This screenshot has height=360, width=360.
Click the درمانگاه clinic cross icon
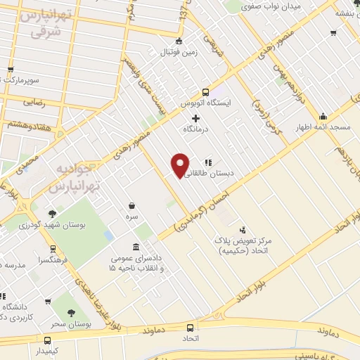[195, 118]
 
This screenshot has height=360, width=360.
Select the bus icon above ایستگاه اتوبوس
[205, 92]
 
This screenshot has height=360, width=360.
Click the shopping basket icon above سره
[132, 206]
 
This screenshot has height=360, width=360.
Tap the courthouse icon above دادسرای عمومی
[136, 247]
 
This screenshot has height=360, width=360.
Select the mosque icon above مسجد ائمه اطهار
[323, 116]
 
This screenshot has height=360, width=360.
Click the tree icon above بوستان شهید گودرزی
[53, 214]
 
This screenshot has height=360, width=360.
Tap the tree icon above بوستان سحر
[69, 314]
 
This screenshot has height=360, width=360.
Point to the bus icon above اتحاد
[191, 328]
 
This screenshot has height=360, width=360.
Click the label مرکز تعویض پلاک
[245, 240]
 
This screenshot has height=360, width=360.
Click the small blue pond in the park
[108, 235]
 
